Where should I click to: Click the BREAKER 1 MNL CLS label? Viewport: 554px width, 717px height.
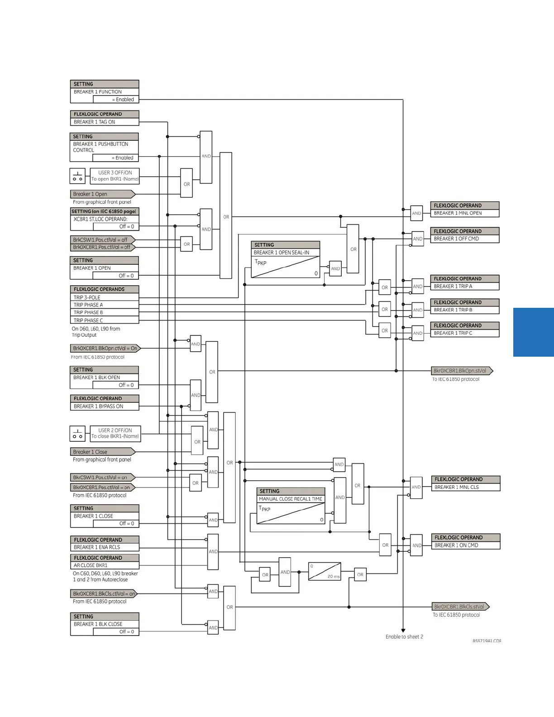pyautogui.click(x=465, y=488)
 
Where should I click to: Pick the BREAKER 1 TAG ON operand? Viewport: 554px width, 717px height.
pyautogui.click(x=104, y=122)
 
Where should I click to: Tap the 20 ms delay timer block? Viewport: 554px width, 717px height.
pyautogui.click(x=325, y=571)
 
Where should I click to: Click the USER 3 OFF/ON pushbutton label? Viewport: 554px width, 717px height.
pyautogui.click(x=115, y=176)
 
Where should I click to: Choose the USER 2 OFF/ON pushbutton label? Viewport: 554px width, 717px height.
pyautogui.click(x=115, y=434)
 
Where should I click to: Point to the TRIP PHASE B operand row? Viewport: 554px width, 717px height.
pyautogui.click(x=104, y=312)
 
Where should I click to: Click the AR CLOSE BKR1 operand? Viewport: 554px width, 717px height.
pyautogui.click(x=104, y=565)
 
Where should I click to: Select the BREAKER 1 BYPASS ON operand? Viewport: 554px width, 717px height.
pyautogui.click(x=104, y=406)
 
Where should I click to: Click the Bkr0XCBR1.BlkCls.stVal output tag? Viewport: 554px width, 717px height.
pyautogui.click(x=460, y=607)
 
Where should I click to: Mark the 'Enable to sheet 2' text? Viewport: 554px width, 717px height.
pyautogui.click(x=404, y=637)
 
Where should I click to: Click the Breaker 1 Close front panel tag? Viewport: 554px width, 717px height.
pyautogui.click(x=102, y=452)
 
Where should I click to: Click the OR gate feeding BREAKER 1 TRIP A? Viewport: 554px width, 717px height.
pyautogui.click(x=385, y=287)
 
